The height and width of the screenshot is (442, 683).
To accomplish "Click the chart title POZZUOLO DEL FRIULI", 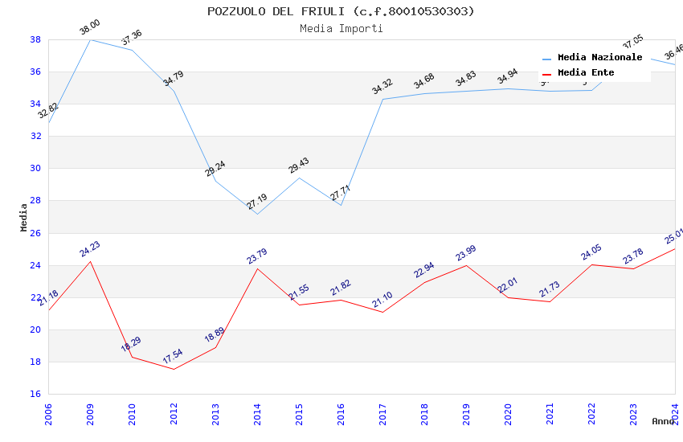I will pyautogui.click(x=341, y=11).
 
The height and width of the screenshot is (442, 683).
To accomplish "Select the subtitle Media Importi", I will pyautogui.click(x=341, y=29).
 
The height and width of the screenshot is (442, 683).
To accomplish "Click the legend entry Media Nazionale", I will pyautogui.click(x=599, y=58).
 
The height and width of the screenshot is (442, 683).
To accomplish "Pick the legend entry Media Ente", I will pyautogui.click(x=586, y=73).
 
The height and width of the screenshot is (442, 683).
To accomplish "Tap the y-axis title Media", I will pyautogui.click(x=24, y=217).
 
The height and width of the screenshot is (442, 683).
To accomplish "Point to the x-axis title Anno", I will pyautogui.click(x=663, y=421).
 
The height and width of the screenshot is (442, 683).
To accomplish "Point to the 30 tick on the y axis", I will pyautogui.click(x=35, y=169).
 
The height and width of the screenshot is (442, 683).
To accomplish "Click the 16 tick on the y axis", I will pyautogui.click(x=35, y=394).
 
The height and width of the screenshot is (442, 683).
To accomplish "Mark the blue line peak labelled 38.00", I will pyautogui.click(x=90, y=39).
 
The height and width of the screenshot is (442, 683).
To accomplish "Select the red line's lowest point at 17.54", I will pyautogui.click(x=174, y=369).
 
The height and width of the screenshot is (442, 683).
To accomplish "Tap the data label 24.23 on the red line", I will pyautogui.click(x=90, y=249).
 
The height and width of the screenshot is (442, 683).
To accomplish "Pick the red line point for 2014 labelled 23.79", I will pyautogui.click(x=257, y=268).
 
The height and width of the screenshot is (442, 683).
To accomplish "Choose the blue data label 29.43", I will pyautogui.click(x=299, y=166).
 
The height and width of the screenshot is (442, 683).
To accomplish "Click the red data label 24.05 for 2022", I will pyautogui.click(x=591, y=252).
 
